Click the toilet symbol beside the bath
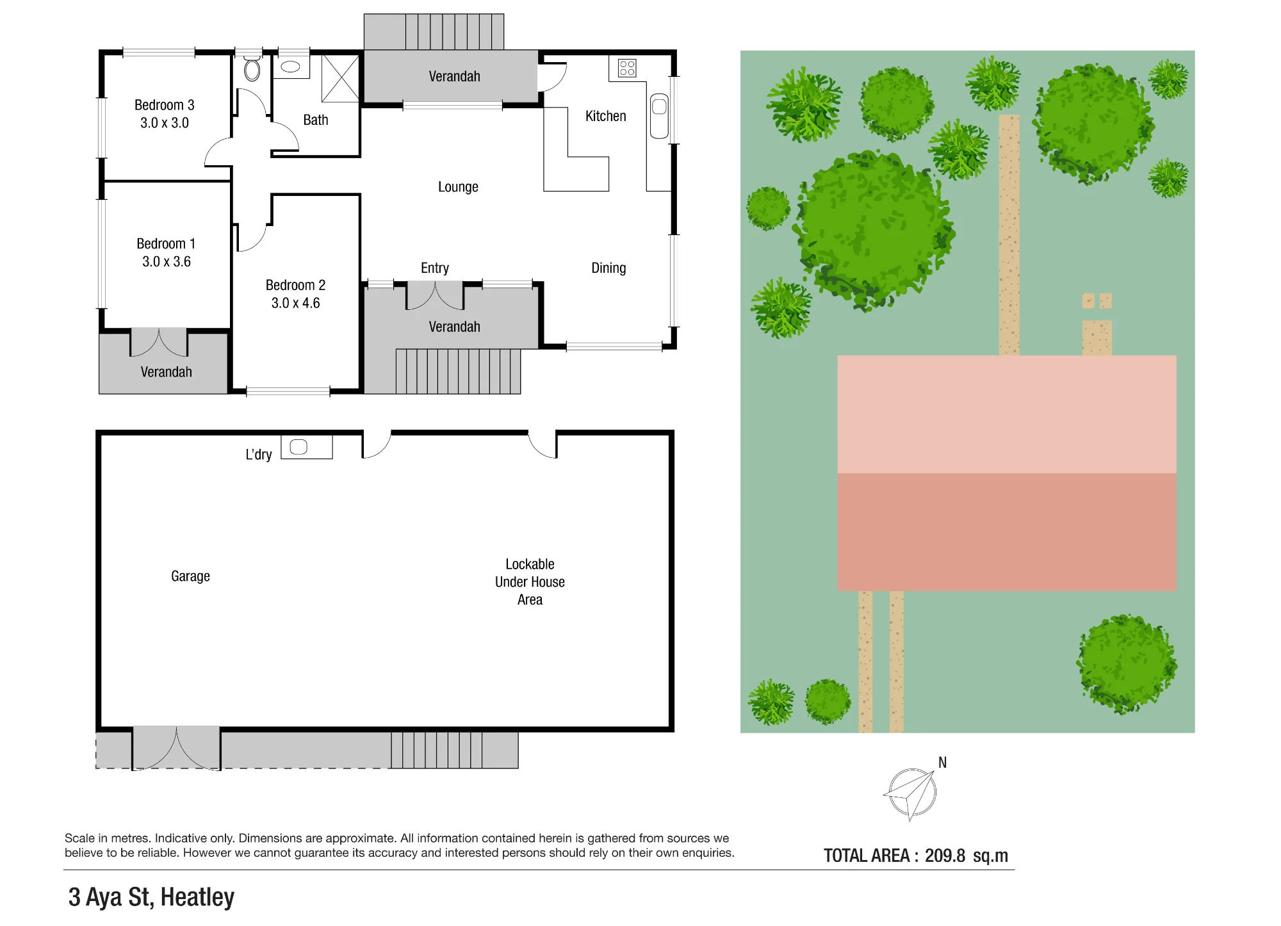pos(252,68)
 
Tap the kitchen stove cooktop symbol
pos(627,68)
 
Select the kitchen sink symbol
pos(659,116)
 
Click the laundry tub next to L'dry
pos(298,447)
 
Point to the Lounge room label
pos(458,187)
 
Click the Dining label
pos(608,268)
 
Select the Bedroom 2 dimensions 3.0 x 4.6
pos(295,303)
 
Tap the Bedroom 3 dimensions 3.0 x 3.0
pos(165,123)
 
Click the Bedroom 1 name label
pos(166,243)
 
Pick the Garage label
pos(190,576)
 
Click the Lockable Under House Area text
pos(530,582)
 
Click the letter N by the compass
pos(942,763)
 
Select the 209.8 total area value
pos(945,856)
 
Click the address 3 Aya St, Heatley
pos(151,898)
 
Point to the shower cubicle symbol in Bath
pos(340,78)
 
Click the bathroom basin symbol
pos(291,67)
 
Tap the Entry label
pos(435,268)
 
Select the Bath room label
pos(316,120)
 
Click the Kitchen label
pos(606,116)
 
